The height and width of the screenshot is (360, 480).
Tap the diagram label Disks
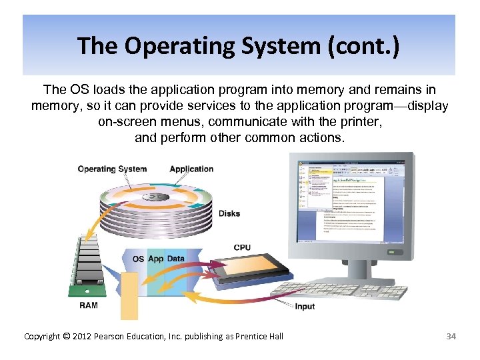229,214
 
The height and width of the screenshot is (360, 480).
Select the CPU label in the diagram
242,247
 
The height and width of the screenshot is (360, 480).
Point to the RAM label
89,305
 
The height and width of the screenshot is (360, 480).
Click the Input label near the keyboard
305,307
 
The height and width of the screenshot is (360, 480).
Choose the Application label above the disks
191,169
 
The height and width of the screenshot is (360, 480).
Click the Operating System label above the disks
112,169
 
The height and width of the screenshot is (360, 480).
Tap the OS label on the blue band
138,259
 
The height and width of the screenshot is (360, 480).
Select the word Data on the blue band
176,259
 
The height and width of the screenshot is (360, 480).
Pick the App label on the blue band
156,259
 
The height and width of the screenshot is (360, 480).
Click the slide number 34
451,336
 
